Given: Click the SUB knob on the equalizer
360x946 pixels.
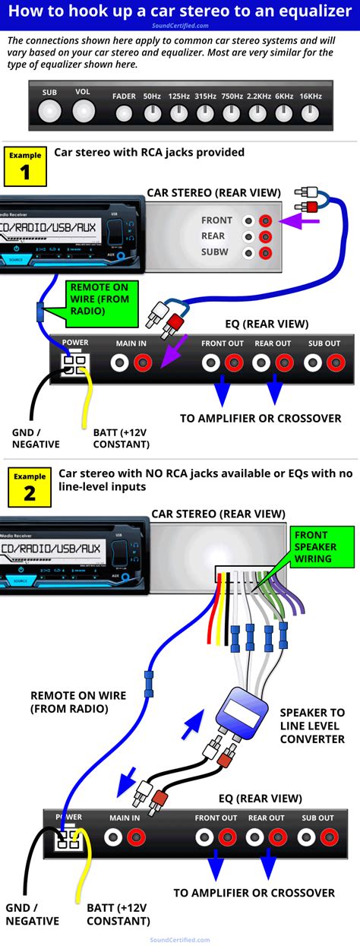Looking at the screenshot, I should point(50,112).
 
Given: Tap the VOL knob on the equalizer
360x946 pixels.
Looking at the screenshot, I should point(83,112).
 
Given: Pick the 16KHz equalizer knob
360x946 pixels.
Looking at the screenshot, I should point(309,114).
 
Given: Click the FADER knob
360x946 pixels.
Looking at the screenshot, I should point(125,114).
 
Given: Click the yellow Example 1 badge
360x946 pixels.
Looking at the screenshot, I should point(26,166).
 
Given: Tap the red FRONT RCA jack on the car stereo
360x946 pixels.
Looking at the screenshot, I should point(265,221).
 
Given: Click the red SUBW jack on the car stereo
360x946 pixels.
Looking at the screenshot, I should point(265,253).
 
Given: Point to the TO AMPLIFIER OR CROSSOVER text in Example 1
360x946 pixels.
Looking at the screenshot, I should point(260,418).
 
